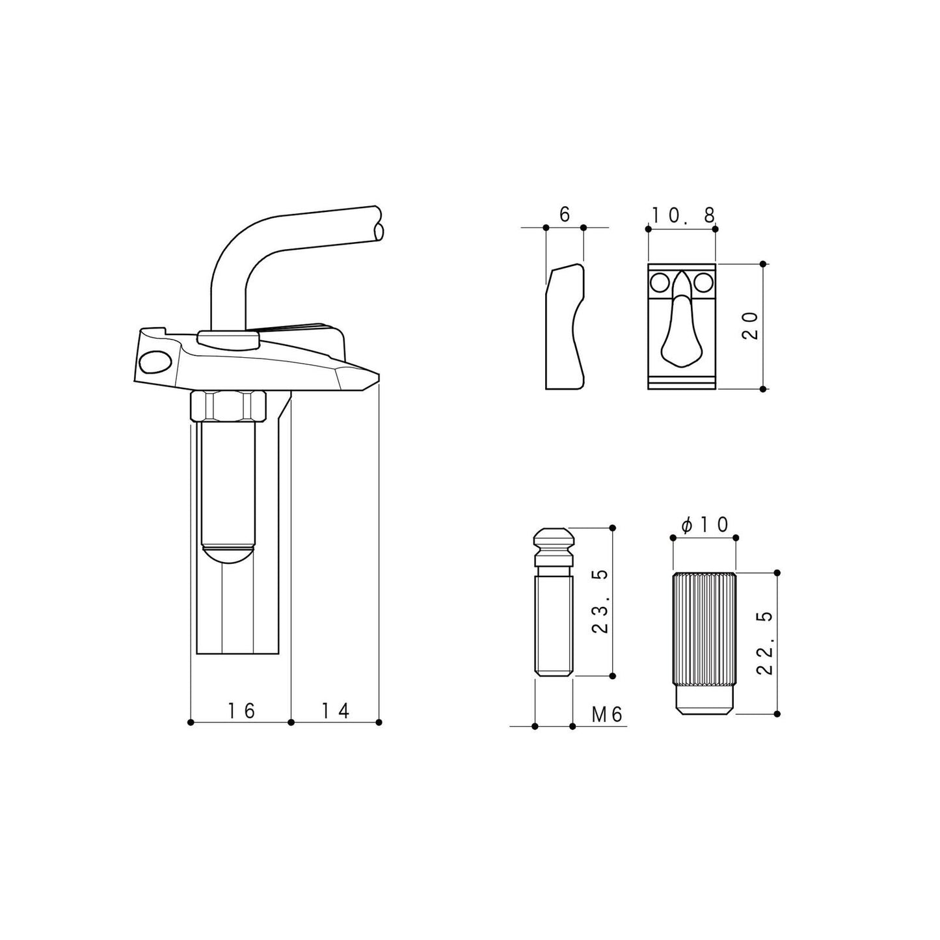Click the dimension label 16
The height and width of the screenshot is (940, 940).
coord(242,711)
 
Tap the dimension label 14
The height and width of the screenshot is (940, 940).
coord(336,711)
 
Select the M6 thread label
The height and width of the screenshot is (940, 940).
coord(608,715)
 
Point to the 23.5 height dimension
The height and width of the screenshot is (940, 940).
coord(600,602)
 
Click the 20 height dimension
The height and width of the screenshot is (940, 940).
coord(750,326)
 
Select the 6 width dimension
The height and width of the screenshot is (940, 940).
coord(565,214)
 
